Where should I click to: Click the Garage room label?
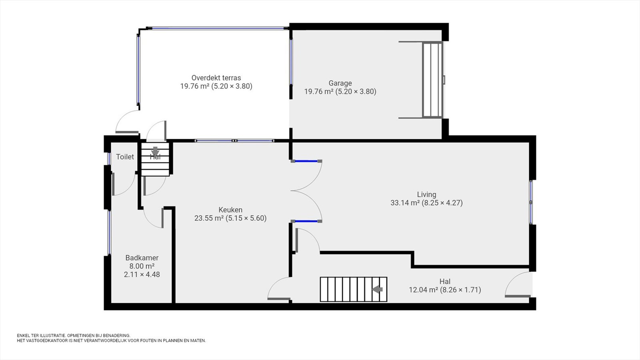coord(340,83)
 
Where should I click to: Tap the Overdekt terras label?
coord(216,78)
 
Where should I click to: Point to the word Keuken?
coord(230,210)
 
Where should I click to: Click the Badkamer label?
coord(142,258)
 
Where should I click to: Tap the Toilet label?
coord(125,156)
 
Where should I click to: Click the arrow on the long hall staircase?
coord(377,290)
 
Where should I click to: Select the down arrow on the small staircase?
coord(155,151)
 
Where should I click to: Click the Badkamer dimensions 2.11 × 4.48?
coord(142,274)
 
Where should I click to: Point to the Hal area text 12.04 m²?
coord(424,290)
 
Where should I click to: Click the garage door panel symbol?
coord(432,80)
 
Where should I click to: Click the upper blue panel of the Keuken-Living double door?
coord(306,161)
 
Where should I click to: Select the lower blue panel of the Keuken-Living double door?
coord(306,221)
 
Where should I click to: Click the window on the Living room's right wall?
coord(531,202)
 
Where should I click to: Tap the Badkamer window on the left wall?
coord(109,232)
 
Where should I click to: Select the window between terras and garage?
coord(291,62)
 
